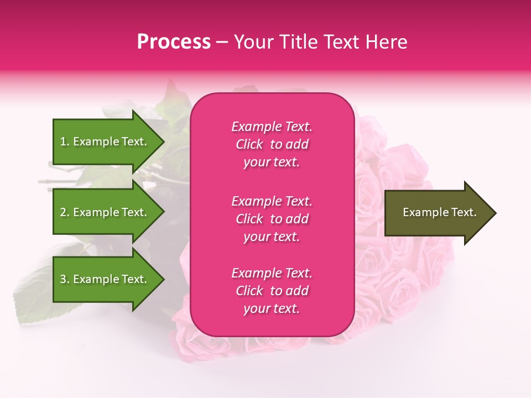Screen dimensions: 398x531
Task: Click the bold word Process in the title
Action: pos(174,42)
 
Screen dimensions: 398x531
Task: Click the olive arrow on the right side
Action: pos(437,213)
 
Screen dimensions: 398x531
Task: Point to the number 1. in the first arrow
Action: pos(65,142)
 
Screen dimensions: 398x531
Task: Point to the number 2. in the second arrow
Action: pos(65,212)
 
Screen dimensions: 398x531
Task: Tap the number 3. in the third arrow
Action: pos(65,279)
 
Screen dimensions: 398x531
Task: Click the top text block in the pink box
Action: pos(272,144)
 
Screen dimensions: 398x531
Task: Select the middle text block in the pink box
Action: pos(272,219)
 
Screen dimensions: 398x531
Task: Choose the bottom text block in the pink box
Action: pos(272,291)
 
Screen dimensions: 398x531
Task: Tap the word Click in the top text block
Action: pos(249,144)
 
